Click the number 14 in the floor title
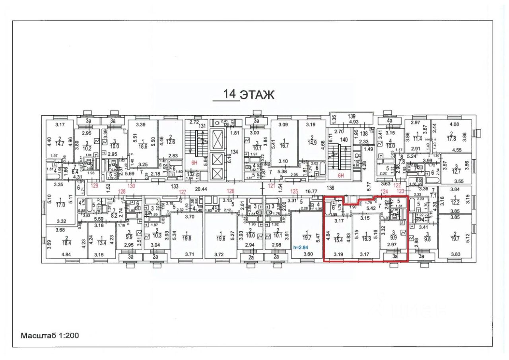229,94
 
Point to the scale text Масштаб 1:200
50,335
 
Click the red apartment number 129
94,186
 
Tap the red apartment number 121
272,186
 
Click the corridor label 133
174,186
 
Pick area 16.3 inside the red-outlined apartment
366,239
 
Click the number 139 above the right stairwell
351,116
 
